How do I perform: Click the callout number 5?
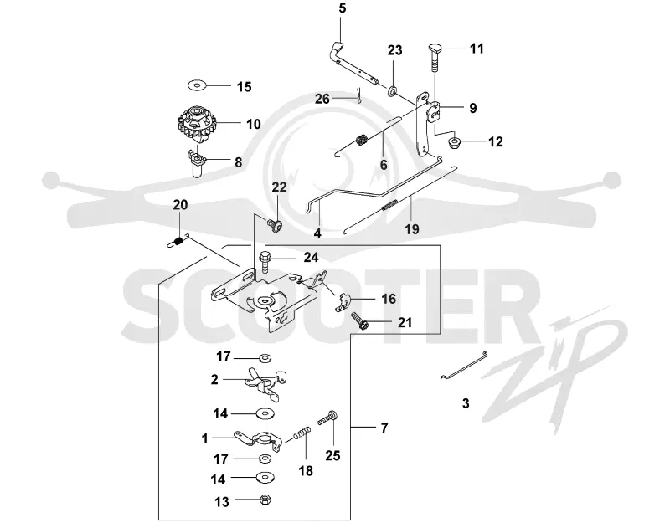(343, 8)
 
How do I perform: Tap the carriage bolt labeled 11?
(435, 58)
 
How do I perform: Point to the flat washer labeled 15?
(197, 85)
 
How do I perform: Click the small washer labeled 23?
(392, 90)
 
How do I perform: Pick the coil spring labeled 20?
(177, 242)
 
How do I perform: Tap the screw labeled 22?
(275, 224)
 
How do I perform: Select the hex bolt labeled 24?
(265, 262)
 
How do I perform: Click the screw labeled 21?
(360, 320)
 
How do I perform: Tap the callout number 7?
(384, 428)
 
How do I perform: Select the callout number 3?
(466, 403)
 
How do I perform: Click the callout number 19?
(411, 229)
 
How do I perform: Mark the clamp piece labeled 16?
(342, 300)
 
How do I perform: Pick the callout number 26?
(322, 99)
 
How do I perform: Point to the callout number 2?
(214, 379)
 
